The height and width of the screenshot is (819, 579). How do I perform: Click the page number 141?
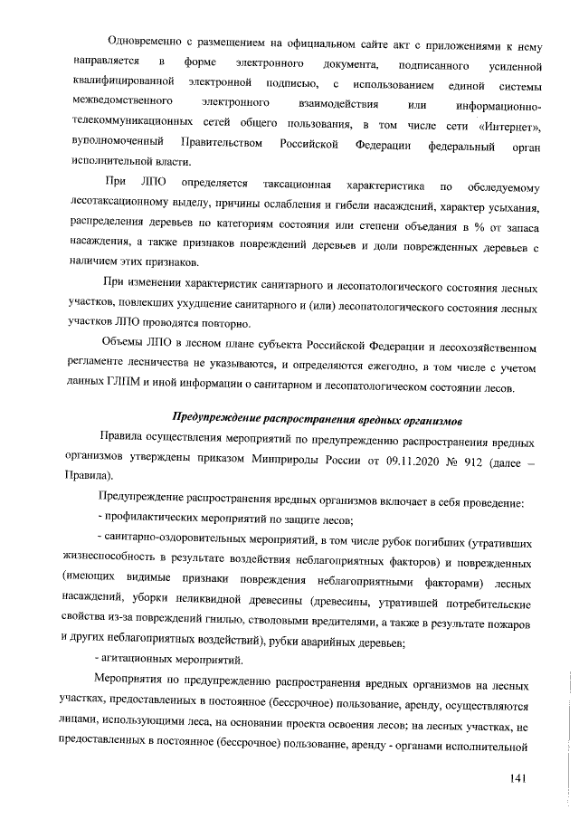517,777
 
